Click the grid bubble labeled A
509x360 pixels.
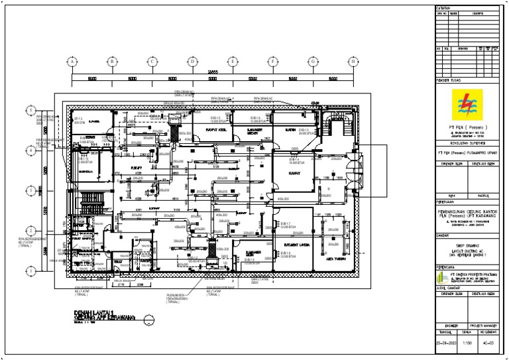[71, 61]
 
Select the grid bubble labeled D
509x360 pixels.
[192, 61]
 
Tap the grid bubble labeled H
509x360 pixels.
[353, 61]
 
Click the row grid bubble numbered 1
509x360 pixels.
[30, 270]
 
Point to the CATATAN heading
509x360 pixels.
[443, 8]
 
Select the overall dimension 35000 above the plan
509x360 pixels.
[212, 72]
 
